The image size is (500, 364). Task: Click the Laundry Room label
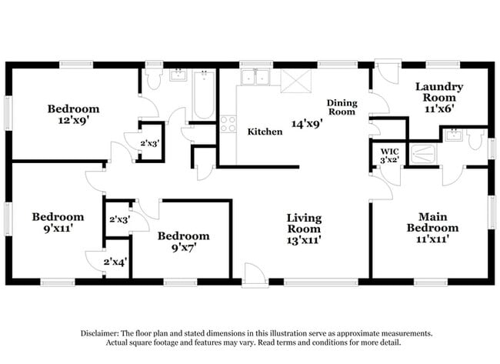(439, 92)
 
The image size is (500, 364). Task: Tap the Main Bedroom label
(438, 222)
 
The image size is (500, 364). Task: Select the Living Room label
(304, 223)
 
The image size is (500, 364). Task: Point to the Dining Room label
(342, 107)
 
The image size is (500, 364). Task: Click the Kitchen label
(264, 132)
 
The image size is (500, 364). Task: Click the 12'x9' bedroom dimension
(72, 121)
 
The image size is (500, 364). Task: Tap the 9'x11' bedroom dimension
(56, 229)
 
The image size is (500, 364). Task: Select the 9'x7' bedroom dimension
(182, 248)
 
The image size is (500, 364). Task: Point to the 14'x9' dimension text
(306, 122)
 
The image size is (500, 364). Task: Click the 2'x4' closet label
(117, 262)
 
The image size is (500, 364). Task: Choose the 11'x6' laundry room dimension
(439, 110)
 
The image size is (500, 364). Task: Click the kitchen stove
(228, 124)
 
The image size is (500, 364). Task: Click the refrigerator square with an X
(293, 80)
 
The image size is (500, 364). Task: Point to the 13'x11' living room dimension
(304, 240)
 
